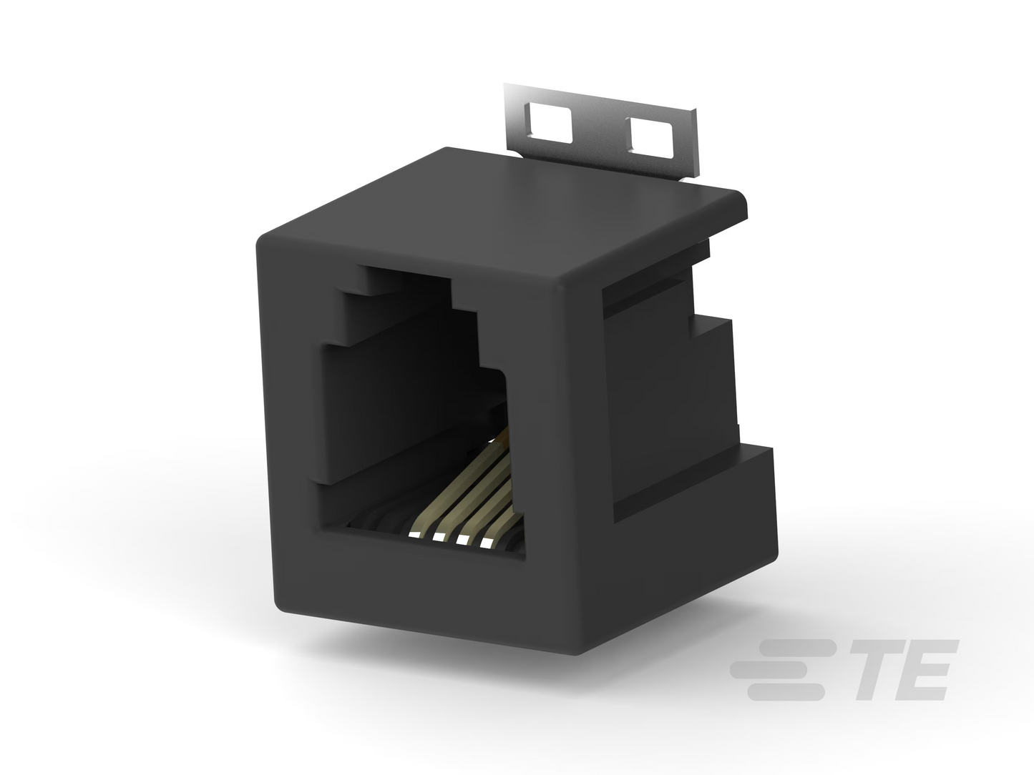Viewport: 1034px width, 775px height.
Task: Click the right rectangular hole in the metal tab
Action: (x=650, y=137)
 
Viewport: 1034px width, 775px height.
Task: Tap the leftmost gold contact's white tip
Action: (x=414, y=535)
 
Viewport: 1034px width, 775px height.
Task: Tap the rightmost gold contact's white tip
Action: (x=486, y=544)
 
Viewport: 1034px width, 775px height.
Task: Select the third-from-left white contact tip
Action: (x=462, y=540)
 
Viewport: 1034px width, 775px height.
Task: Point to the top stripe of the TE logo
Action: (x=796, y=648)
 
